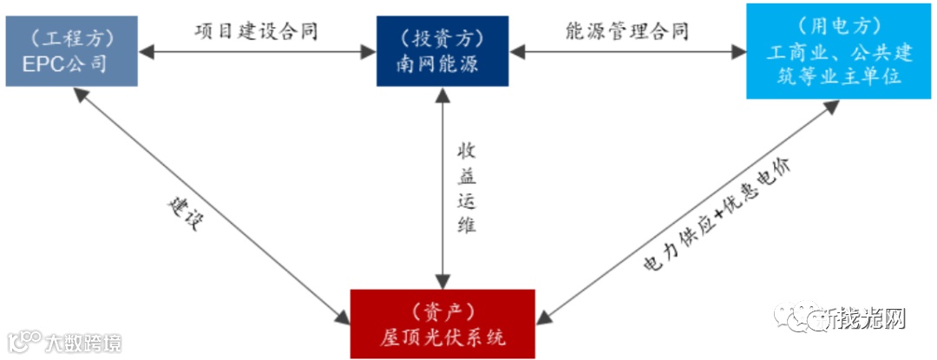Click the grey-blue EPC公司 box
[x=71, y=51]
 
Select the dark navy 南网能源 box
[x=442, y=51]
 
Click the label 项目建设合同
[x=256, y=31]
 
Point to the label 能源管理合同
[x=626, y=31]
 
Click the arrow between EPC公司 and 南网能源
[x=256, y=53]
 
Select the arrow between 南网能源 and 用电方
[x=626, y=53]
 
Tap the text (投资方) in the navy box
[x=442, y=38]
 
